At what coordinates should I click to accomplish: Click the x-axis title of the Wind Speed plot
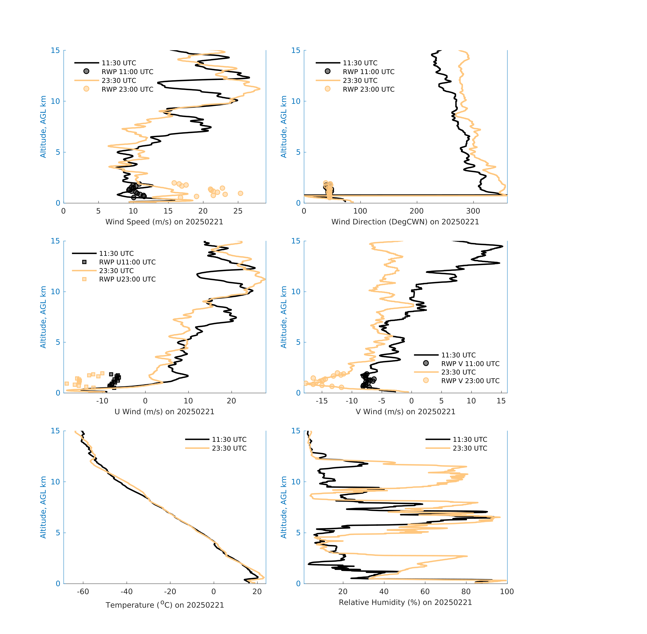pos(164,222)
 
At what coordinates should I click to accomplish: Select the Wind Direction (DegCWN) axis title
pos(405,222)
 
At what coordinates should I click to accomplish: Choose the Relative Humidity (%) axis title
pos(405,602)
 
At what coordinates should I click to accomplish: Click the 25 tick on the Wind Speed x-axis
pos(238,211)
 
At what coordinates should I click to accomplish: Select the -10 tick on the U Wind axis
pos(102,401)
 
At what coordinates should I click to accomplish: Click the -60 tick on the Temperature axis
pos(83,591)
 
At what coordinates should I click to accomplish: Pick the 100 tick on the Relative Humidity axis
pos(507,591)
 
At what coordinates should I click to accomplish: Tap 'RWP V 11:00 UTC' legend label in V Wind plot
pos(470,364)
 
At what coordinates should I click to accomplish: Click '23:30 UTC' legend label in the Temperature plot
pos(229,448)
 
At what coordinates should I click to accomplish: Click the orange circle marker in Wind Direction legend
pos(327,89)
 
